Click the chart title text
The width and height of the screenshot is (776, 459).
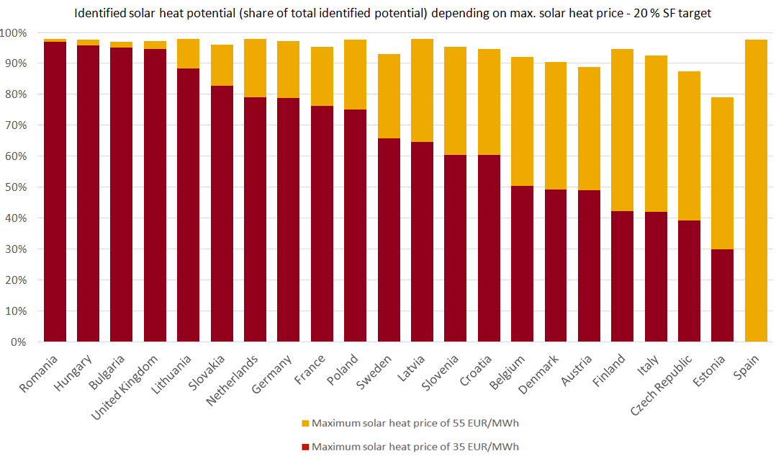point(388,12)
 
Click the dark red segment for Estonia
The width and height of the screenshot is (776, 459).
point(722,295)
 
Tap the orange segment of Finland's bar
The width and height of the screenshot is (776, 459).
point(622,130)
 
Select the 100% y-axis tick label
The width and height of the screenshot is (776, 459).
point(14,33)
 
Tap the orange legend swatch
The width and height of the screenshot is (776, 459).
point(306,423)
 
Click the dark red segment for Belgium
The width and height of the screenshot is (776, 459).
point(522,264)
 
